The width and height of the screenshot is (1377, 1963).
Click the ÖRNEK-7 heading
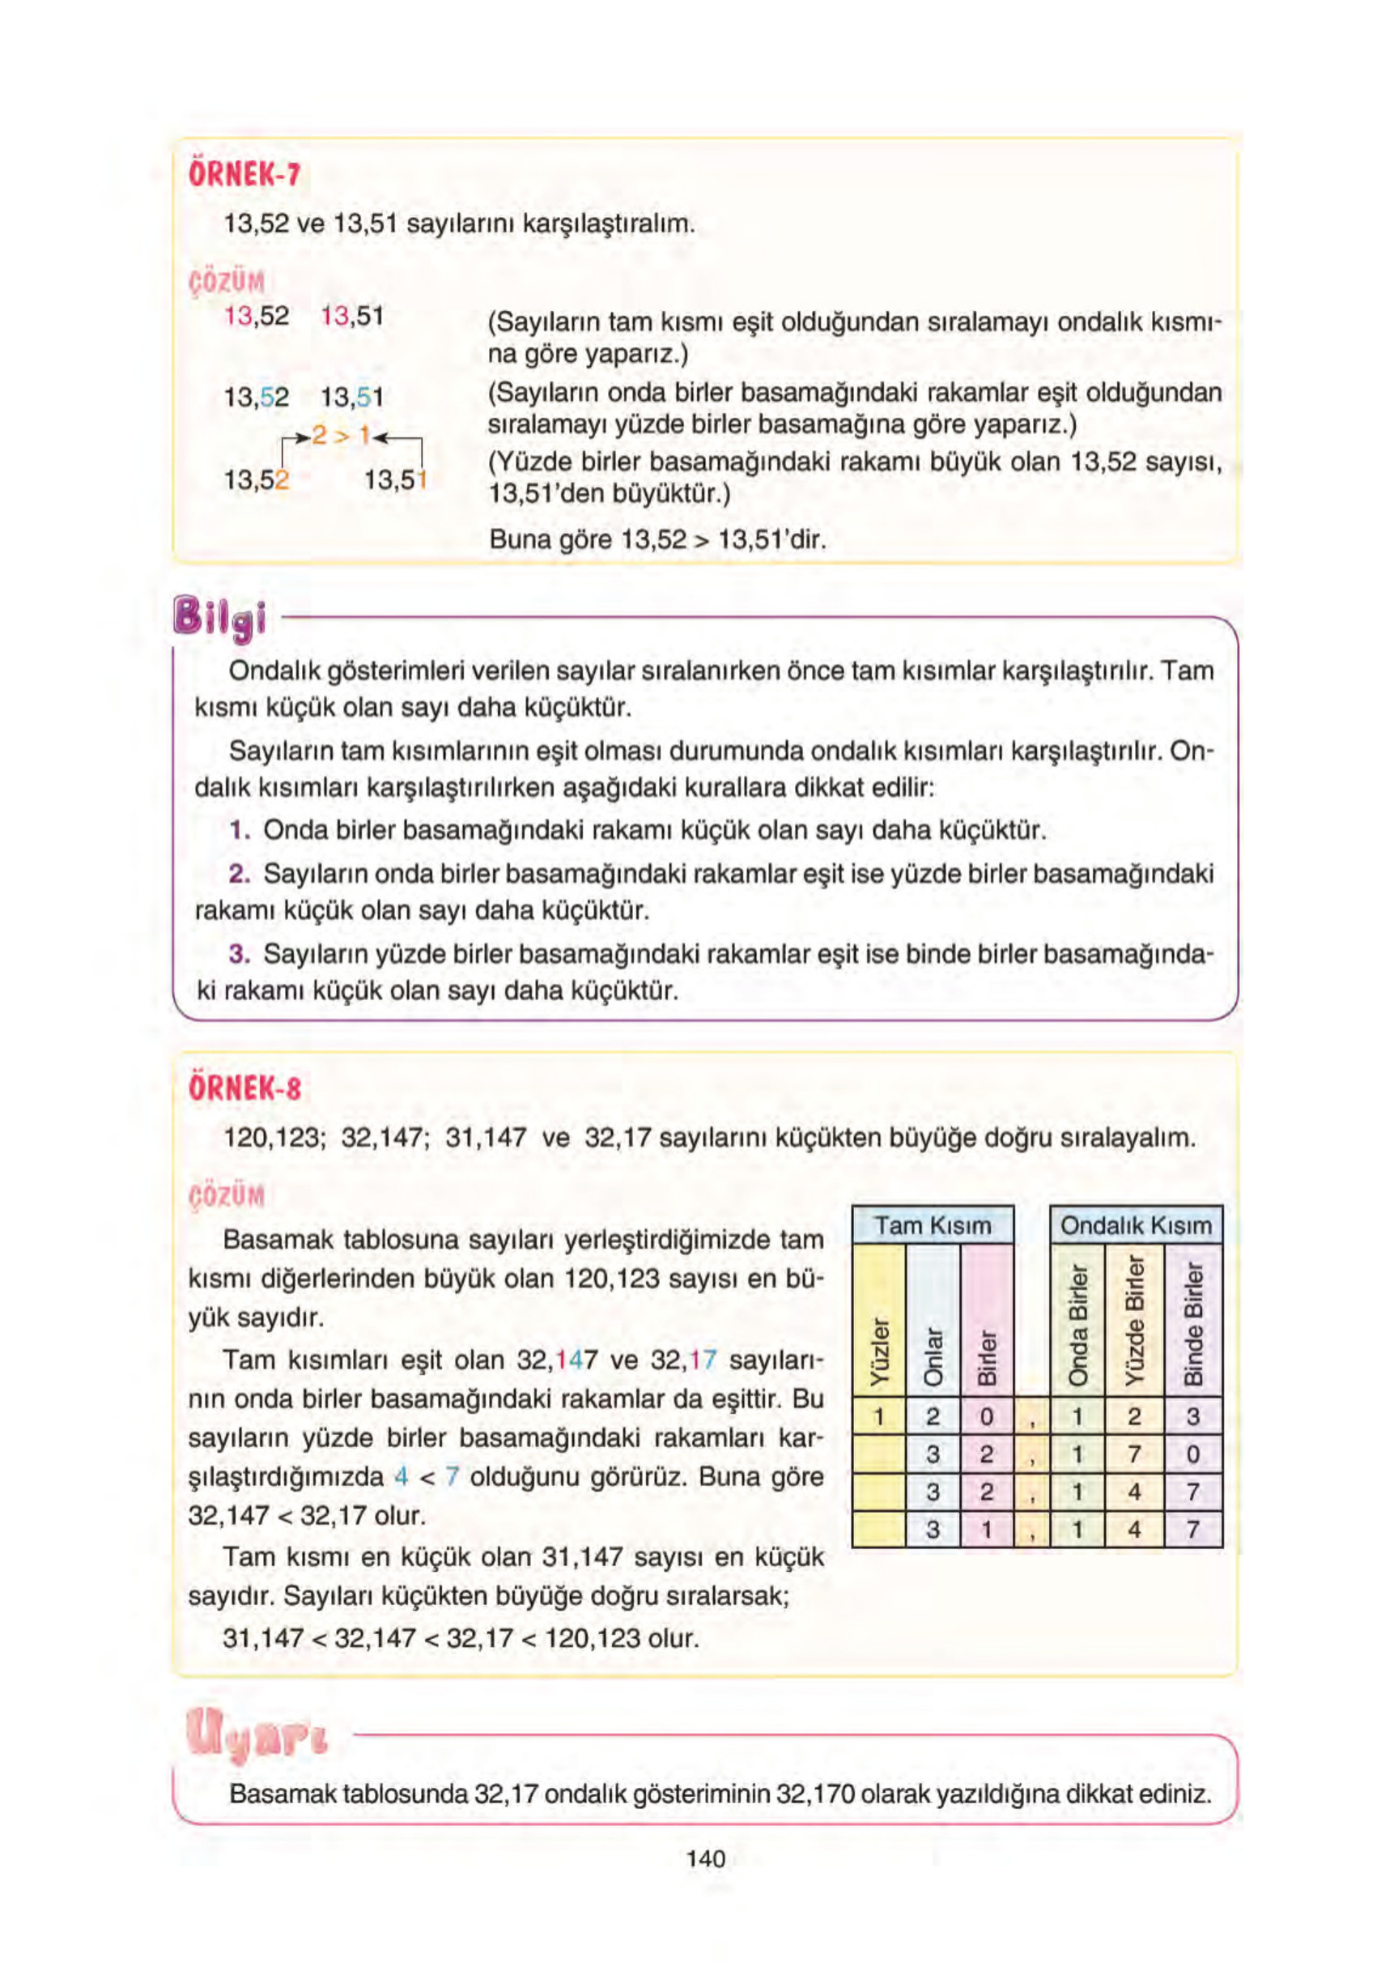(244, 175)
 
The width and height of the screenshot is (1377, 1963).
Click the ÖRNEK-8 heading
(244, 1088)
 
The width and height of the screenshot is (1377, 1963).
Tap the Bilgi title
(219, 617)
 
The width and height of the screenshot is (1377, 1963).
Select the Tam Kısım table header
(933, 1225)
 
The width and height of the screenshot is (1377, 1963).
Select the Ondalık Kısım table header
(1135, 1225)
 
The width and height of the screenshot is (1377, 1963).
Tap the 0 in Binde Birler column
(1193, 1454)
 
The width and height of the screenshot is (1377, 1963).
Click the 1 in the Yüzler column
(879, 1416)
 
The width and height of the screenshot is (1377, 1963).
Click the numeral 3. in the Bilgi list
(240, 953)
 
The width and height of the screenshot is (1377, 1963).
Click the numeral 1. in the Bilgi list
(240, 830)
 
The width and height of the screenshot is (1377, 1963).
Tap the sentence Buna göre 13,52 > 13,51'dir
(657, 540)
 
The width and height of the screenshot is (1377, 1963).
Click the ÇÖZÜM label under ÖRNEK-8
(227, 1194)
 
